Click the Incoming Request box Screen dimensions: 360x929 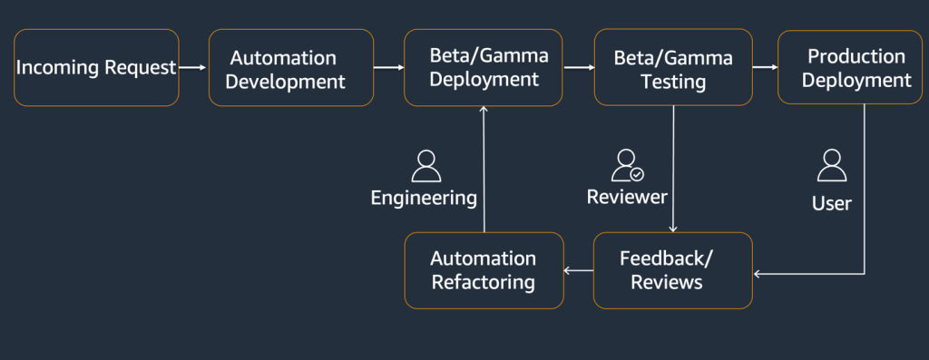click(x=96, y=68)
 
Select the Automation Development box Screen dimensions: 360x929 click(x=291, y=68)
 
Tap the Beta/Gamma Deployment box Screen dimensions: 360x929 click(x=483, y=68)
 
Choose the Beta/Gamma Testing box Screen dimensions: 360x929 click(x=672, y=68)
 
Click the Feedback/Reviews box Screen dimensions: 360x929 click(x=672, y=270)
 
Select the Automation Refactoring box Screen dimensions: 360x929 click(x=483, y=270)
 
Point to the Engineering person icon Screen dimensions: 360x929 click(x=425, y=166)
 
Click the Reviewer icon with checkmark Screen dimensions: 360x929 click(x=627, y=166)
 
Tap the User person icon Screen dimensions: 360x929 click(x=831, y=166)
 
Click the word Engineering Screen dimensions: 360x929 click(x=424, y=197)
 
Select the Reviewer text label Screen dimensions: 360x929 click(x=627, y=197)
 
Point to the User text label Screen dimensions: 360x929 click(x=831, y=203)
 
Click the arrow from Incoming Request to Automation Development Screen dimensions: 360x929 click(x=192, y=67)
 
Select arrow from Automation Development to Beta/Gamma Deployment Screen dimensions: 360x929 click(x=388, y=67)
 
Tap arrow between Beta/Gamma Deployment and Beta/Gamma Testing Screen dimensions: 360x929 click(x=577, y=67)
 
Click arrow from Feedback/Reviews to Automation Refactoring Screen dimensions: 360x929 click(x=578, y=269)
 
